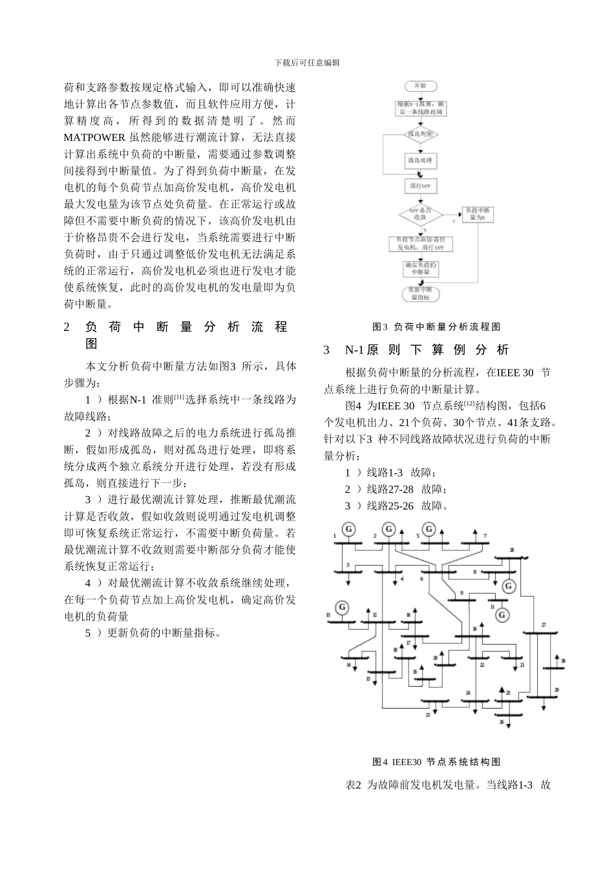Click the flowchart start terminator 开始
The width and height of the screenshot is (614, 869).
420,86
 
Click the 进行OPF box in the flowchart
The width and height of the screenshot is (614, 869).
420,186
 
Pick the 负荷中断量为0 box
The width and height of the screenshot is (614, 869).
478,214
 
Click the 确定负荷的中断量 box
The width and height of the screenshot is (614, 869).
421,268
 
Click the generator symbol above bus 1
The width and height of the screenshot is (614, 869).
348,530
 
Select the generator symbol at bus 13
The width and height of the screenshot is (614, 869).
341,607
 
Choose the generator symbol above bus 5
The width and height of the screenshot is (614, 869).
428,530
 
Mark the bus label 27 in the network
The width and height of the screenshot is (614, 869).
544,625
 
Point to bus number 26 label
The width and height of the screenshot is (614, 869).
502,722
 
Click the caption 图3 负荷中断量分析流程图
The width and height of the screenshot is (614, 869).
436,327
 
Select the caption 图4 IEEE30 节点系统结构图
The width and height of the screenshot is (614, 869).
436,762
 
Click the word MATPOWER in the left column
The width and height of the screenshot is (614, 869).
95,137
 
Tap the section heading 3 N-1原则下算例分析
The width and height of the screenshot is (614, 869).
417,350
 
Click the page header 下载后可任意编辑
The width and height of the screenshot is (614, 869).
307,63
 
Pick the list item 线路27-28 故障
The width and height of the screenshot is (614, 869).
396,489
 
